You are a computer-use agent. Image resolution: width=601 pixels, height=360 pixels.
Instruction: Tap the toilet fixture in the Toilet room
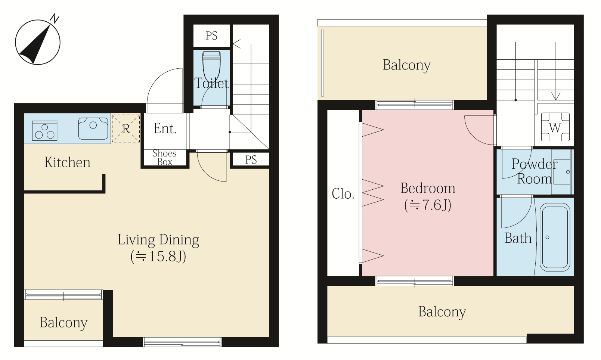[x=212, y=66]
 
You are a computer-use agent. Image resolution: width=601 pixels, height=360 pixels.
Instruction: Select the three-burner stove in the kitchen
[x=44, y=131]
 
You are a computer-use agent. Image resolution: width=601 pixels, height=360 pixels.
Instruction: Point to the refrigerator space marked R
[x=126, y=128]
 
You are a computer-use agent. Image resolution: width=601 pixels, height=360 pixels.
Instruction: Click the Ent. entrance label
[x=165, y=128]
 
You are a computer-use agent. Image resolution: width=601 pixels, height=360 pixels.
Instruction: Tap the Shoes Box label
[x=164, y=158]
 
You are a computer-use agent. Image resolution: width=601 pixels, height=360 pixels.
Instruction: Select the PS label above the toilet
[x=211, y=36]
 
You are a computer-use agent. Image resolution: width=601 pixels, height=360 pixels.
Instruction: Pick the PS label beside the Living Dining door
[x=251, y=159]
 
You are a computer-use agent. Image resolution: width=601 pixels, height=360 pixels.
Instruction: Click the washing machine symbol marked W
[x=555, y=127]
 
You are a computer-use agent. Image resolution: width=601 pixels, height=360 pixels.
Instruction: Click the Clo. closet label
[x=343, y=193]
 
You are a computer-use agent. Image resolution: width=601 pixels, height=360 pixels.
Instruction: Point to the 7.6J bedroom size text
[x=428, y=205]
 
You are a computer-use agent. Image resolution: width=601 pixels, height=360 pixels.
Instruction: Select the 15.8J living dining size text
[x=158, y=256]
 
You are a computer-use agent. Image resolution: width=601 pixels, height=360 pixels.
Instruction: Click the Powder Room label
[x=534, y=171]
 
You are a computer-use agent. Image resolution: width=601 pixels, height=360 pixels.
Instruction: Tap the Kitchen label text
[x=67, y=162]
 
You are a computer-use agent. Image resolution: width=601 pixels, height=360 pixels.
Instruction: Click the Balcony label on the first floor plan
[x=63, y=323]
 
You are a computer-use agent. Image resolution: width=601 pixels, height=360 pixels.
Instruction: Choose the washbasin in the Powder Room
[x=562, y=172]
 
